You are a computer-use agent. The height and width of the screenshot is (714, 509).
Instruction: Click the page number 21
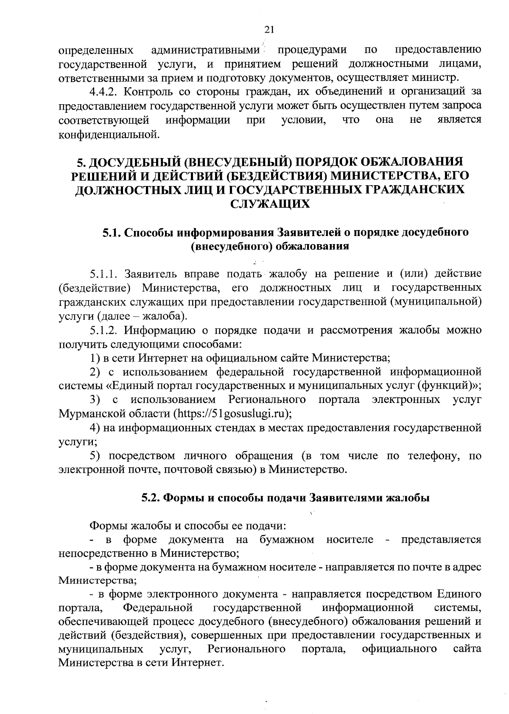(x=269, y=29)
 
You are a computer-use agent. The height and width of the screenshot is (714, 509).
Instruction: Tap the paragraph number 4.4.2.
(x=104, y=92)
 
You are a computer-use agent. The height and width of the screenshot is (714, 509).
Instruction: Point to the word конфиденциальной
(x=109, y=135)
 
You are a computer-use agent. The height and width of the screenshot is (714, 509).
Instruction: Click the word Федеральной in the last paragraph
(x=158, y=608)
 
